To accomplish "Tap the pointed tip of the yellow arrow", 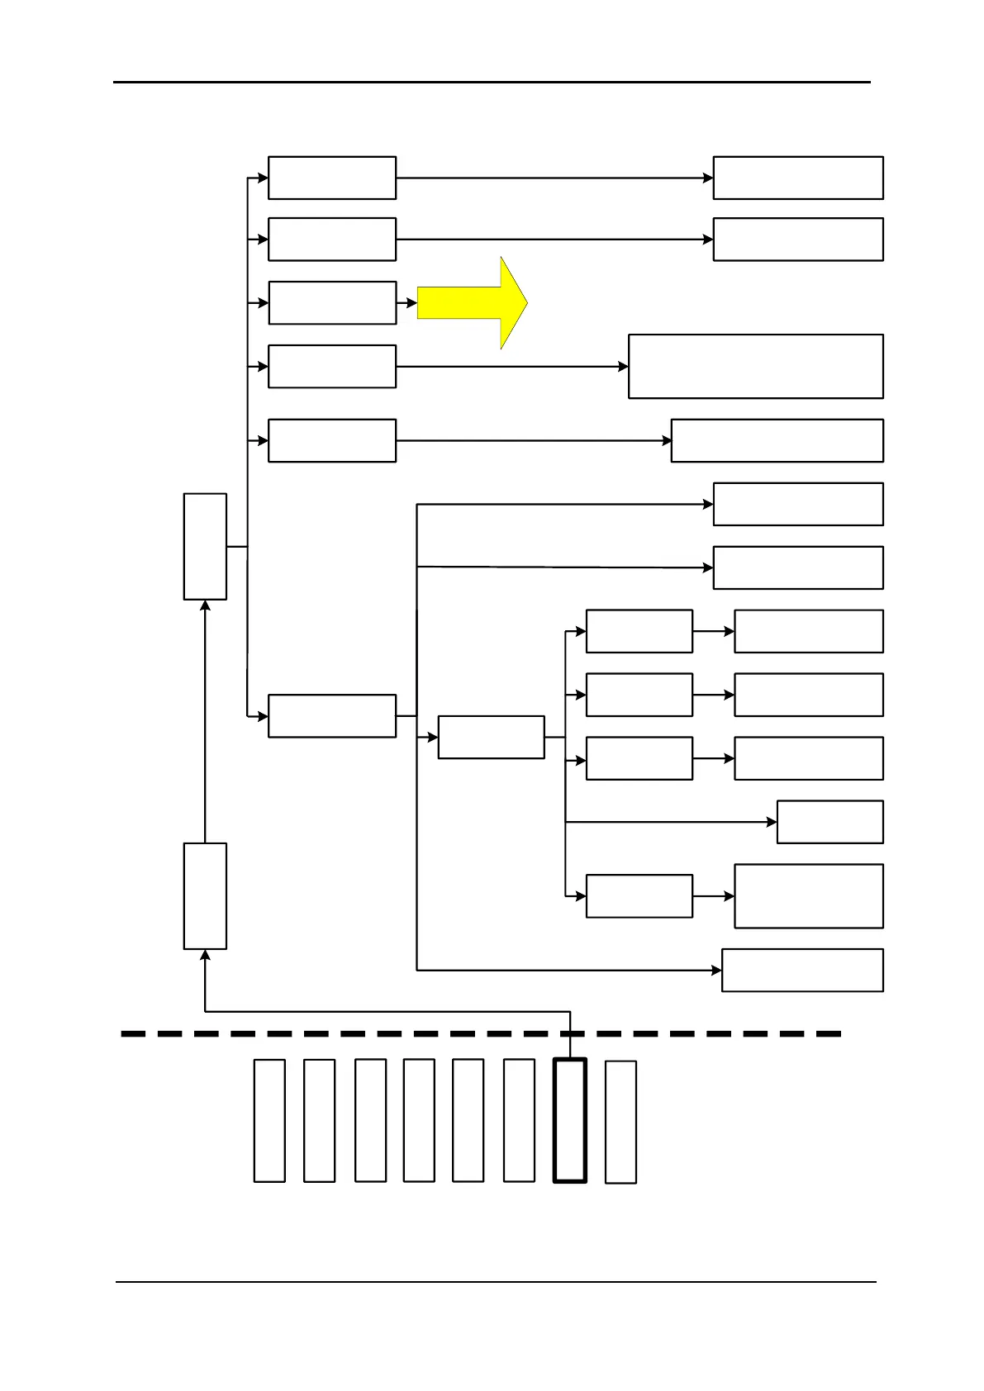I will coord(525,302).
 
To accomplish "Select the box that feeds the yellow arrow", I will coord(332,302).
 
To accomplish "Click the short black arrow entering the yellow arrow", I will coord(406,303).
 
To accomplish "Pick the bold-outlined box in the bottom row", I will coord(570,1121).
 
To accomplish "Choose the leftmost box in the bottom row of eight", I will coord(269,1121).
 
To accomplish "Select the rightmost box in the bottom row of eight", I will coord(620,1122).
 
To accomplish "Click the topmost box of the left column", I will coord(332,178).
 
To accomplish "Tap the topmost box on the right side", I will coord(798,178).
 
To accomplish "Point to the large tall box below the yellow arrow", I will coord(755,366).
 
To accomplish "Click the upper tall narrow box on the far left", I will coord(205,546).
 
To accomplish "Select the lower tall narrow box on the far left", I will coord(205,896).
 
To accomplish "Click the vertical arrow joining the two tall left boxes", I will coord(205,723).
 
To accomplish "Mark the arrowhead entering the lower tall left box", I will coord(205,956).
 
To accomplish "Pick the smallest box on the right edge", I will coord(830,822).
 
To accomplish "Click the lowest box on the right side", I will coord(802,970).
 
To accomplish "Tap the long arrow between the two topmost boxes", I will coord(554,178).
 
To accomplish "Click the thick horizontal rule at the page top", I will coord(492,82).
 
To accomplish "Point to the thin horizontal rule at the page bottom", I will coord(496,1282).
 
